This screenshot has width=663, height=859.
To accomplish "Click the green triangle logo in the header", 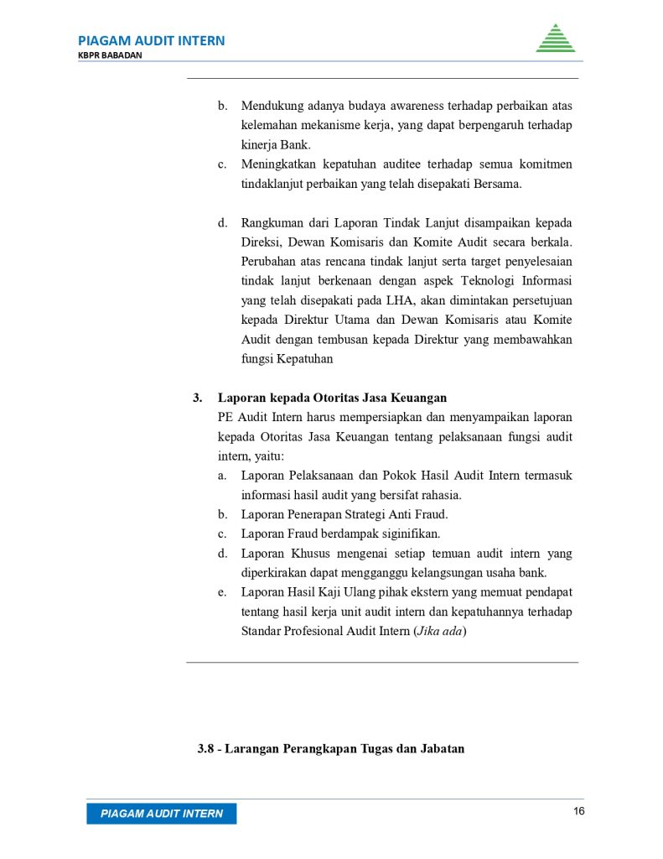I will coord(555,39).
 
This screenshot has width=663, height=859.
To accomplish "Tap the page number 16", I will coord(578,811).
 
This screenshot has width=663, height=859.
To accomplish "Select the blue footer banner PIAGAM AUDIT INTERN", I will coord(162,814).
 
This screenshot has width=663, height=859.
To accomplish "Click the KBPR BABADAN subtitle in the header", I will coord(110,55).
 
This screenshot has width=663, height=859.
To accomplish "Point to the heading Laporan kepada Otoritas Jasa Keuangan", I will coord(332,398).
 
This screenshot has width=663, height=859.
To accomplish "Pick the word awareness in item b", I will coord(402,107).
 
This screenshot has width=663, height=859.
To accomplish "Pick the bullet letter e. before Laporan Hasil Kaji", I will coord(223,592).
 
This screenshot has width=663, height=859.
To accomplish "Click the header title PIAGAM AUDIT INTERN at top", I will coord(151,40).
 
